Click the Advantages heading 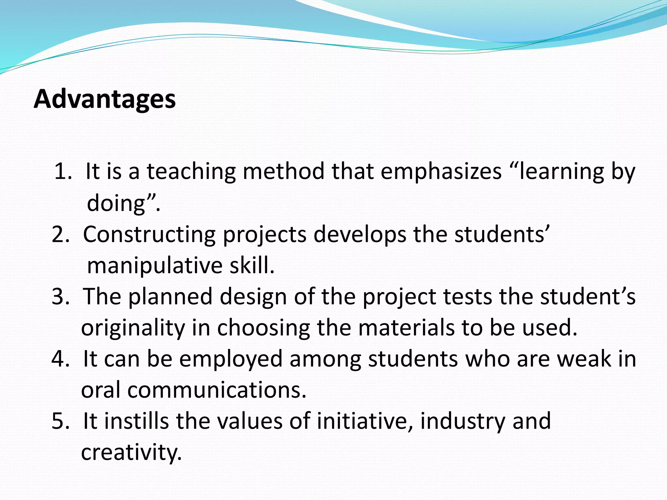pyautogui.click(x=105, y=99)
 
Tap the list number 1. pyautogui.click(x=62, y=172)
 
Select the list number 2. pyautogui.click(x=61, y=234)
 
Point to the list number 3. pyautogui.click(x=61, y=297)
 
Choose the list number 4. pyautogui.click(x=61, y=359)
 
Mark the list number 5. pyautogui.click(x=61, y=421)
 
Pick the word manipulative pyautogui.click(x=155, y=266)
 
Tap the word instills pyautogui.click(x=136, y=421)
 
